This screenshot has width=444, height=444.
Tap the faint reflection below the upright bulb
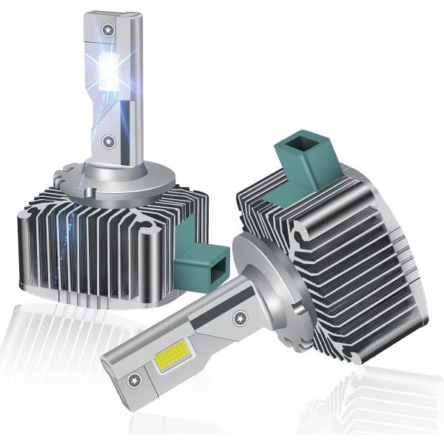[x=59, y=340]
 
